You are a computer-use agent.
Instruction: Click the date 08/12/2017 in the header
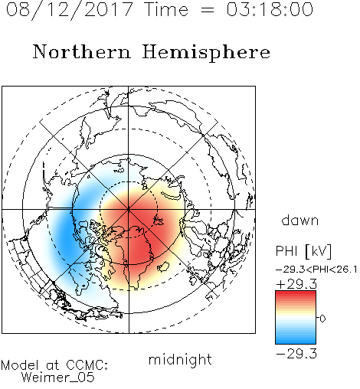click(70, 10)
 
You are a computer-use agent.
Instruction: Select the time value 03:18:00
click(270, 9)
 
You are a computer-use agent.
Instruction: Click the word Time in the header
click(166, 9)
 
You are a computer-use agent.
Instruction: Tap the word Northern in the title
click(82, 52)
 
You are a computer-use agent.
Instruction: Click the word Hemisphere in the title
click(206, 53)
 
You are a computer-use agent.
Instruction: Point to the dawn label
click(300, 220)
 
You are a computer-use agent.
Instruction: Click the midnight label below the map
click(180, 360)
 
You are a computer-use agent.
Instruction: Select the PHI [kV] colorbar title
click(303, 251)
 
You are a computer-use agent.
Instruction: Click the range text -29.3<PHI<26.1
click(316, 270)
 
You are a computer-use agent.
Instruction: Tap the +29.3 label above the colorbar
click(296, 284)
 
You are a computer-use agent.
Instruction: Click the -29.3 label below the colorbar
click(296, 354)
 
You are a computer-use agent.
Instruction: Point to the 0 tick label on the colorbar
click(322, 319)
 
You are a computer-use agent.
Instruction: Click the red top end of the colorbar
click(296, 293)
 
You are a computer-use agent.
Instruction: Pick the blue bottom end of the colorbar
click(296, 342)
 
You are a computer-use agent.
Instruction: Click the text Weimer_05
click(58, 378)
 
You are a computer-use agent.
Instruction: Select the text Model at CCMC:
click(54, 365)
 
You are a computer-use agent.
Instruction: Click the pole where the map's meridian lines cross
click(129, 209)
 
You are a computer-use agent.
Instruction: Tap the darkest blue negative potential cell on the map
click(66, 236)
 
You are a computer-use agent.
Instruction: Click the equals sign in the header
click(208, 10)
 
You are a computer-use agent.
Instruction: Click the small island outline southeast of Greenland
click(163, 266)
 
